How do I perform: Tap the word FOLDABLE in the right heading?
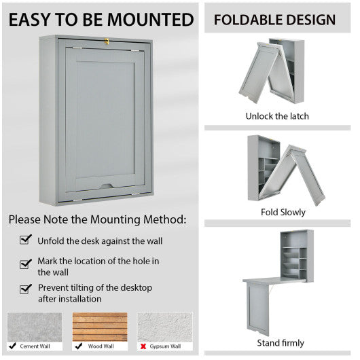247,20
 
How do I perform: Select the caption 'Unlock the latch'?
276,116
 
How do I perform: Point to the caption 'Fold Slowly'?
283,213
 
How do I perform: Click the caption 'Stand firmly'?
280,342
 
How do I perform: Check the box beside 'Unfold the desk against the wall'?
26,240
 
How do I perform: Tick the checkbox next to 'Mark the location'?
26,264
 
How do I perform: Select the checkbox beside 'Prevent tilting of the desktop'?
26,288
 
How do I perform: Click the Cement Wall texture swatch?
35,327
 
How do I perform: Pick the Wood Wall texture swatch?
100,327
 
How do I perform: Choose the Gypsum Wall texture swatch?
165,327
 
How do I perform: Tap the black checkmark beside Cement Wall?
13,346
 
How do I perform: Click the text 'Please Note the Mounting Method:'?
97,219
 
